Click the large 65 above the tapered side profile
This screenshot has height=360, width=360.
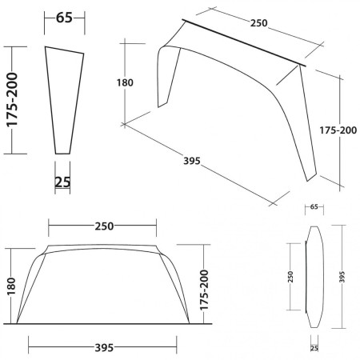[64, 17]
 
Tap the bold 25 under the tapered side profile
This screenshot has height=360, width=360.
[63, 182]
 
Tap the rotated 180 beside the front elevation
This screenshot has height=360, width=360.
[11, 286]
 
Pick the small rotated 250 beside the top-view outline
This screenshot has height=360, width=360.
[291, 277]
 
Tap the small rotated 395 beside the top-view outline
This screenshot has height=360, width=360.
[342, 276]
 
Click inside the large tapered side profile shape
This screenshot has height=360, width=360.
[65, 96]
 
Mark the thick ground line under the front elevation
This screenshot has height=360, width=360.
[104, 325]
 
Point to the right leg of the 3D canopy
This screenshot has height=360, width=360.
[308, 128]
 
